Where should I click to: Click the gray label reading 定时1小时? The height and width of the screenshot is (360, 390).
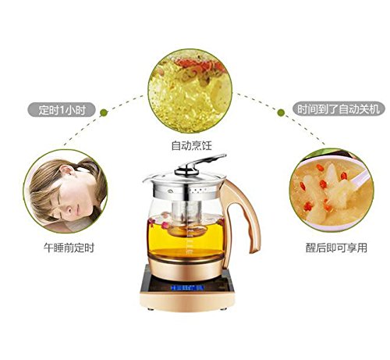coord(62,109)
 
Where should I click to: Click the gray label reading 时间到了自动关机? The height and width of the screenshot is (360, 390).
coord(339,109)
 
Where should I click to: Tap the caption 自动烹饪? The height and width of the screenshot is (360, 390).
coord(192,145)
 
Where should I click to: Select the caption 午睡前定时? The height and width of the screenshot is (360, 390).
coord(69,248)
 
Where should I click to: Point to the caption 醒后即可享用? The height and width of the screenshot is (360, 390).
coord(336,248)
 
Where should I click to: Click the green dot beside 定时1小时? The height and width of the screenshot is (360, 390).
coord(104,112)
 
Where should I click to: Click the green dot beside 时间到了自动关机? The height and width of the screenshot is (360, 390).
coord(281,112)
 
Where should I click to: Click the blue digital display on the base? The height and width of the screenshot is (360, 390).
coord(187,287)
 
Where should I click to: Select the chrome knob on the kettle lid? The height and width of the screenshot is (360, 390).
coord(186,171)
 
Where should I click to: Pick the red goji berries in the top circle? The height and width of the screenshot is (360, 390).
coord(197,65)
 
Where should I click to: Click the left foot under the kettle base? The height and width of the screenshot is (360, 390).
coord(150,309)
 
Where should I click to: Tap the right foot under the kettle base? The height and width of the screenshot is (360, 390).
coord(223,309)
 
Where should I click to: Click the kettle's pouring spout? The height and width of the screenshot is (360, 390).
coord(147,180)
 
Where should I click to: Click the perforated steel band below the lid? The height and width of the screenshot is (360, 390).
coord(186,191)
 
